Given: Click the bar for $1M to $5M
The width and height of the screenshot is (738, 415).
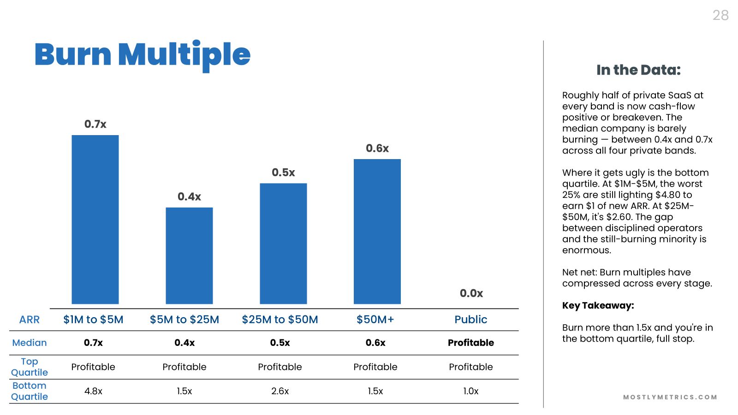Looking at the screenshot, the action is (95, 219).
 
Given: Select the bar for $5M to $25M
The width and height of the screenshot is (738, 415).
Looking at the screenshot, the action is (189, 255).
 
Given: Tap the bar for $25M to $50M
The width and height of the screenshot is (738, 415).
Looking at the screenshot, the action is (283, 243).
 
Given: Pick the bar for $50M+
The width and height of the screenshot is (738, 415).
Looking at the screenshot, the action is (377, 231).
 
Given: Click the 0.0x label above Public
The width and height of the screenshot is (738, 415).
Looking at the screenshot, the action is (471, 293).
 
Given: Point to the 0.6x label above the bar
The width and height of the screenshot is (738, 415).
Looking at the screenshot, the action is (377, 148).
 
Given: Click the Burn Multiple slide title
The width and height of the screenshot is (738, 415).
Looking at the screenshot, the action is (143, 55).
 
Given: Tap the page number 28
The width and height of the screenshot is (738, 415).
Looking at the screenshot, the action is (720, 15).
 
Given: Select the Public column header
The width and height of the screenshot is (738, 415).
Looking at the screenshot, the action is (471, 320).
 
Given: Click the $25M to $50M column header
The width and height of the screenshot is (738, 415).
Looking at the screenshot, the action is (280, 320).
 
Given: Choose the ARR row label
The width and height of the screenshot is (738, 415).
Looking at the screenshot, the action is (30, 320).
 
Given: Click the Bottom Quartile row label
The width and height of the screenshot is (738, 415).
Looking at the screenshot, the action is (30, 391).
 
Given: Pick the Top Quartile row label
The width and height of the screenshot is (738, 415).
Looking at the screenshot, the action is (30, 367).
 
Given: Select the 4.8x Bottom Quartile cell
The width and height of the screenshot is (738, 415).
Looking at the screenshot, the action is (93, 391).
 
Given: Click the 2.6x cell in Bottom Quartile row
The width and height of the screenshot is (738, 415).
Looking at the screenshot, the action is (280, 391).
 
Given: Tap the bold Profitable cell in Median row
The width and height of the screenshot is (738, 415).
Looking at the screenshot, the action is (471, 343).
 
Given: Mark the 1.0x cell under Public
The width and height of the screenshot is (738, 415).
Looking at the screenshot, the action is (471, 391).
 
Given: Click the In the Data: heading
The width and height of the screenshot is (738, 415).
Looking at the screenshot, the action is (638, 70).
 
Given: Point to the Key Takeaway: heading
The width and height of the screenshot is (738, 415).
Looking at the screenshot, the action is (598, 306).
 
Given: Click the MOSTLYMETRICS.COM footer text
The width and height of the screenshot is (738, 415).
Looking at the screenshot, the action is (670, 397).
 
